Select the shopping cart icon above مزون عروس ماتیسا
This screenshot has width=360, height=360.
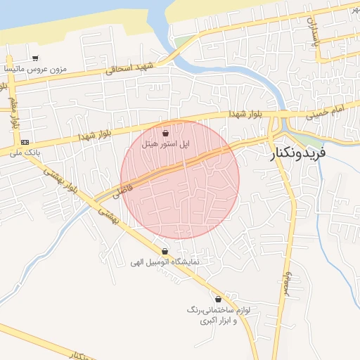[x=35, y=59]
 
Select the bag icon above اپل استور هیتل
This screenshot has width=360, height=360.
[x=165, y=132]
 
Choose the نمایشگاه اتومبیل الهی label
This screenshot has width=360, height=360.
[x=165, y=262]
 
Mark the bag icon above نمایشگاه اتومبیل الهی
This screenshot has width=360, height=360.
[x=165, y=251]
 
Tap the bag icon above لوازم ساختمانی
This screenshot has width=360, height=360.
[x=219, y=299]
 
